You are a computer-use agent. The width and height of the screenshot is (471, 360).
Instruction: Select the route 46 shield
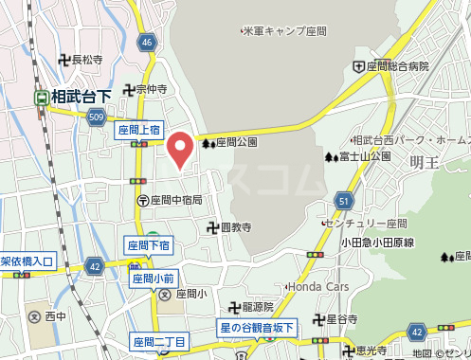(145, 43)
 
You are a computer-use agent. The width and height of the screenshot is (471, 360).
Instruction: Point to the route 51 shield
(343, 200)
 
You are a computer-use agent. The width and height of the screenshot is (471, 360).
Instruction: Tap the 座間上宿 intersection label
(138, 130)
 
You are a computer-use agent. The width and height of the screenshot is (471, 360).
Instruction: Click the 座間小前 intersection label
(153, 279)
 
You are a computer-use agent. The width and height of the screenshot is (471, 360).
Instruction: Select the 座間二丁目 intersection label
(158, 341)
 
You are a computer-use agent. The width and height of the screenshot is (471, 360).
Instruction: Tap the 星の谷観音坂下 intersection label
(258, 328)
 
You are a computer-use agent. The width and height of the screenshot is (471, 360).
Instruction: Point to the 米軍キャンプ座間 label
(283, 31)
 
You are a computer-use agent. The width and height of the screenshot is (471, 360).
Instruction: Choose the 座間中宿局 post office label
(176, 200)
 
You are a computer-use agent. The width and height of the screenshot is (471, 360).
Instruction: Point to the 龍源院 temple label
(257, 307)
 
